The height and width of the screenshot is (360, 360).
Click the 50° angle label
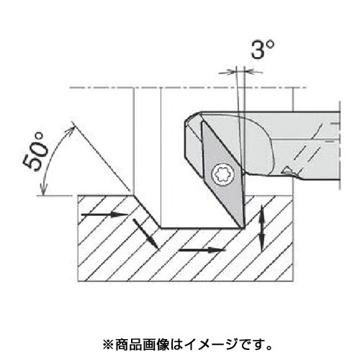[x=35, y=152]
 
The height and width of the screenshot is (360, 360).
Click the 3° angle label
[x=262, y=50]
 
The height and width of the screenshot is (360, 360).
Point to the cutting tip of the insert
[x=243, y=227]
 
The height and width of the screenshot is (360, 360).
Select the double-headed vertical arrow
[x=262, y=228]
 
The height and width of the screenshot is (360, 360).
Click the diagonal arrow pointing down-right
[x=145, y=234]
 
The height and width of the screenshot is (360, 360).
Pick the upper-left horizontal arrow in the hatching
[x=105, y=215]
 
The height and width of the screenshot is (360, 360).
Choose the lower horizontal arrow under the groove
[x=202, y=250]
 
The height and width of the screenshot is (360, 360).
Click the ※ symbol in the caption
[x=108, y=345]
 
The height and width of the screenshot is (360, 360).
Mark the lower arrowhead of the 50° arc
[x=44, y=189]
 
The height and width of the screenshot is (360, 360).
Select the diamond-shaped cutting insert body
[x=222, y=174]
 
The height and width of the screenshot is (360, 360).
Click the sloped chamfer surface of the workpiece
[x=146, y=212]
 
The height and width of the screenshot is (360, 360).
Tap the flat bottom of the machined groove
[x=201, y=228]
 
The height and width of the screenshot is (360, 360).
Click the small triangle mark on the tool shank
[x=287, y=170]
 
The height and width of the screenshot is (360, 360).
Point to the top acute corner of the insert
[x=203, y=122]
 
